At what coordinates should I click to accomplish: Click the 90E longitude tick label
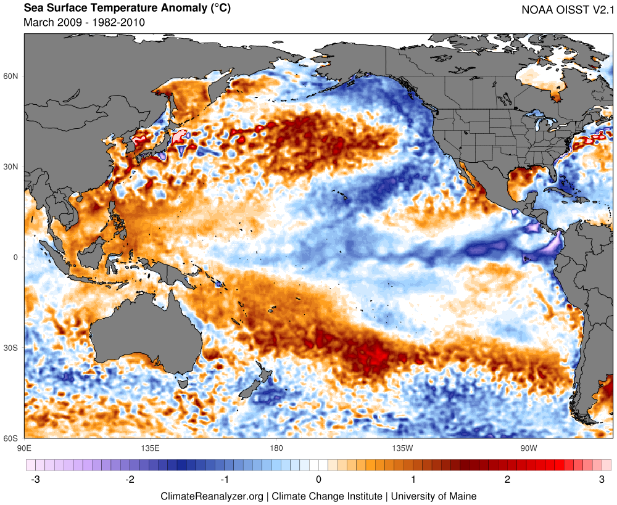pos(25,448)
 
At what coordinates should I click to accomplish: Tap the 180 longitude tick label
pos(276,448)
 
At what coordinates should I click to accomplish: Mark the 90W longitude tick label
pos(528,448)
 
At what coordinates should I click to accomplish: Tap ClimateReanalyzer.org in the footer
pos(212,496)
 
